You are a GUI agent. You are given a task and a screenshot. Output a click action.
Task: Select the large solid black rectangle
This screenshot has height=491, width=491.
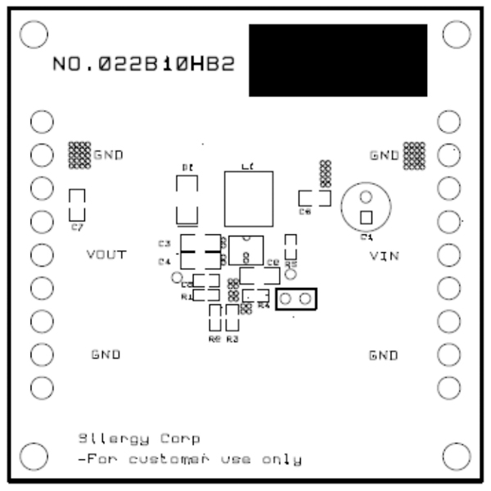click(337, 60)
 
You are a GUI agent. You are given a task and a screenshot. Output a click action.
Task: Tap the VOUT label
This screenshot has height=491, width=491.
click(106, 255)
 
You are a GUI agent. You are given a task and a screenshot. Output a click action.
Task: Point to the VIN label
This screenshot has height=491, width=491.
click(383, 256)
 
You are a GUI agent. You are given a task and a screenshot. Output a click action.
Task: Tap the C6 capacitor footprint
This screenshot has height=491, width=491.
click(313, 198)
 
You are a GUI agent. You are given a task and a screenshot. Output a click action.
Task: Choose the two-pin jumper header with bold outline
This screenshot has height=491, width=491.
click(296, 300)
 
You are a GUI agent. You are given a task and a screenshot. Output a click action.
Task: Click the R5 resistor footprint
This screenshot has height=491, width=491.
click(290, 246)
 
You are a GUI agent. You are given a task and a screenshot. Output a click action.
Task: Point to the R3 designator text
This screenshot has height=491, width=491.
click(232, 338)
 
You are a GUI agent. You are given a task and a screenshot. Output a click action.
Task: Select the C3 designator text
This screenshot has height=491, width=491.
click(164, 244)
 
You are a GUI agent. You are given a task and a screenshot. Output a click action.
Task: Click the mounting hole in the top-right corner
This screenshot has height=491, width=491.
click(454, 34)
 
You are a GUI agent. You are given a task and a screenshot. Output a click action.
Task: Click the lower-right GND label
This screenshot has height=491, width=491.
click(383, 356)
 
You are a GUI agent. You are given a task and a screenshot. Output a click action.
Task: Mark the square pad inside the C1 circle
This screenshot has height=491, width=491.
click(366, 218)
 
